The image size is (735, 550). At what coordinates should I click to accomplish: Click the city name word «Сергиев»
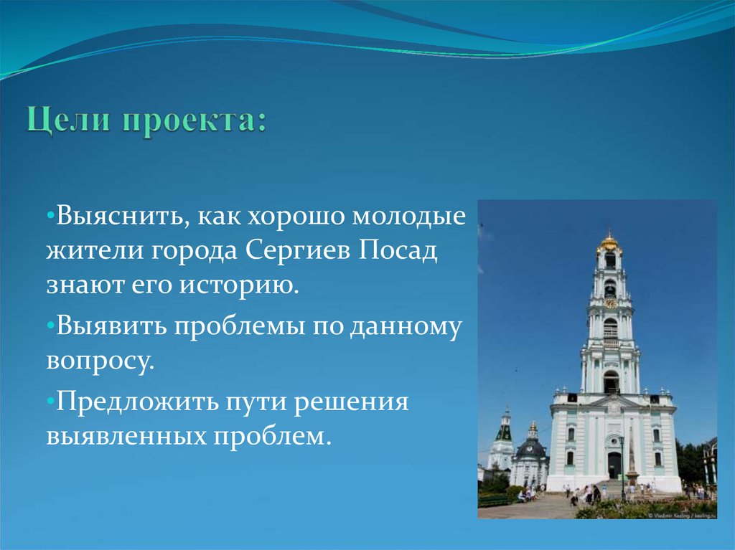(x=296, y=252)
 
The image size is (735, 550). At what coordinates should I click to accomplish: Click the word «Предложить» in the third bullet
(x=134, y=399)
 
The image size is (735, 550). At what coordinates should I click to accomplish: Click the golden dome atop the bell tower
(x=609, y=242)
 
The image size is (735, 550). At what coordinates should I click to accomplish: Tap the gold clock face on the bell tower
(x=609, y=303)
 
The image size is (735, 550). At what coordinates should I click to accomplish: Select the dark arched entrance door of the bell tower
(x=614, y=465)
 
